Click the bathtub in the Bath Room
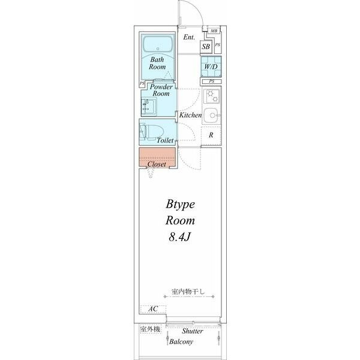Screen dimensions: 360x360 point(157,44)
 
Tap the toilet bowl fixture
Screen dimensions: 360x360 point(152,132)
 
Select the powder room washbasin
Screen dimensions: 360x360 point(149,107)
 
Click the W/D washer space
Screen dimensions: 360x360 point(211,67)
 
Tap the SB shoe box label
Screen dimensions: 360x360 point(206,47)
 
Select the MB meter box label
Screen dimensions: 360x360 point(214,31)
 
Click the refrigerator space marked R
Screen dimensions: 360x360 point(211,135)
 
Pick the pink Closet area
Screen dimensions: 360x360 point(157,158)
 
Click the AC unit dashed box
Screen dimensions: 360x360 point(153,309)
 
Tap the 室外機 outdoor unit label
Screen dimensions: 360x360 point(151,329)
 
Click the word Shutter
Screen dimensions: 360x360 point(193,331)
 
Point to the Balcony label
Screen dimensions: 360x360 point(181,341)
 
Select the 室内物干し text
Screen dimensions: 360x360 point(188,292)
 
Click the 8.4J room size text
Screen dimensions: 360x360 point(180,237)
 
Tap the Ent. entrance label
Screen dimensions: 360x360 point(189,37)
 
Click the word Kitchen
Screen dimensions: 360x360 point(190,115)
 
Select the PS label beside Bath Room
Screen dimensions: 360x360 point(142,83)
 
